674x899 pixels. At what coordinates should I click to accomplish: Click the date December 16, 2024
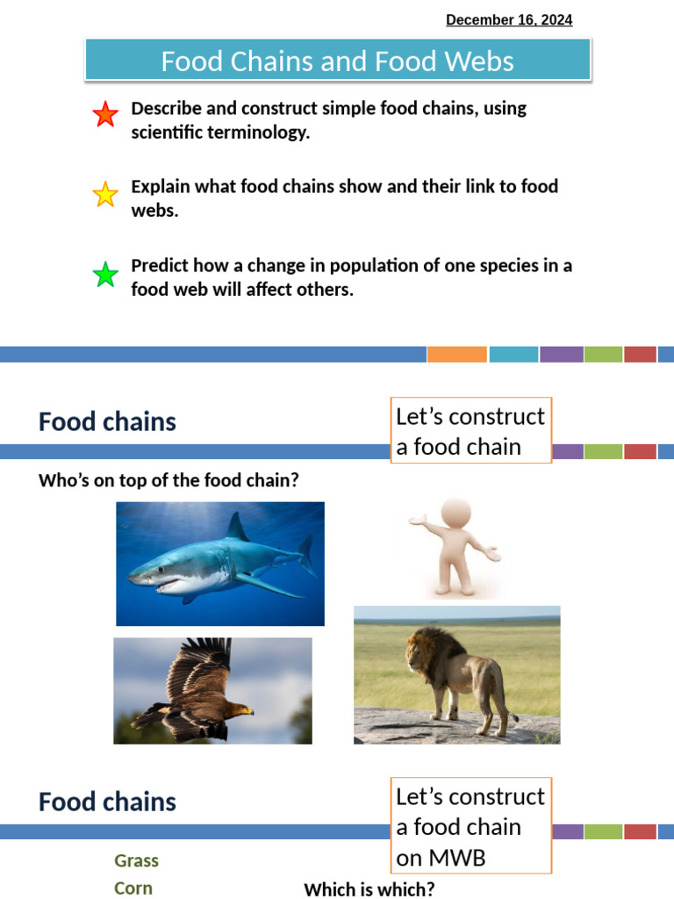[509, 20]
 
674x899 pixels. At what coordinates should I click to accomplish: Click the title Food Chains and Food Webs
[337, 61]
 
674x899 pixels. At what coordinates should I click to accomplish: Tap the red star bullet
[105, 115]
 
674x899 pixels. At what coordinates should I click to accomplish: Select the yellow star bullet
[105, 194]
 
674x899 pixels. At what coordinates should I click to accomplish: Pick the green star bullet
[105, 275]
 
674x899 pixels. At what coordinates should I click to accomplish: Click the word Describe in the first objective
[165, 109]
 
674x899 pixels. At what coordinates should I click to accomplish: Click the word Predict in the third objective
[158, 265]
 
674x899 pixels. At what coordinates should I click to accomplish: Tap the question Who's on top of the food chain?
[168, 480]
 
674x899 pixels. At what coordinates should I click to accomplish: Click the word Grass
[136, 860]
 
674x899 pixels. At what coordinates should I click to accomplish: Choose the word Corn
[133, 888]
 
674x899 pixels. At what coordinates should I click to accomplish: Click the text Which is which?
[369, 889]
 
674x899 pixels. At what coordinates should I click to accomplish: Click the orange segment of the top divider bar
[456, 355]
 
